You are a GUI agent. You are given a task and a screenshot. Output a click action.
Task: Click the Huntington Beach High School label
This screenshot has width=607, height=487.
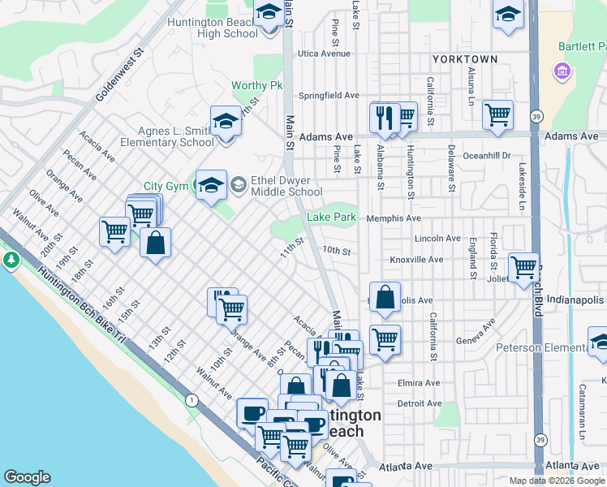point(212,28)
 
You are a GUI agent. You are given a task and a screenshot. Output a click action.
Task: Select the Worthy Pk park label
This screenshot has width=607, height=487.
point(256,85)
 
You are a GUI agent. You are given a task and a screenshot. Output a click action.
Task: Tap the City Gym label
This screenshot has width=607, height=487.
point(166,186)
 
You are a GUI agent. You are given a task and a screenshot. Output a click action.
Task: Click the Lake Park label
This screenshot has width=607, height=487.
point(331,218)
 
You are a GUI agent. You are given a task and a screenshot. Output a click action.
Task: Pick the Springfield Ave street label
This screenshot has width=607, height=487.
point(329,95)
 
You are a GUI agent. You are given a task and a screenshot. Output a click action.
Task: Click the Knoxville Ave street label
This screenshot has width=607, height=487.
point(416,260)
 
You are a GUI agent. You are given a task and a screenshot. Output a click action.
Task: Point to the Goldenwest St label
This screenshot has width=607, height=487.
point(118,73)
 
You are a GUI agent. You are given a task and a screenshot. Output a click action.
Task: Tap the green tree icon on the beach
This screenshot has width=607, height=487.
point(11,260)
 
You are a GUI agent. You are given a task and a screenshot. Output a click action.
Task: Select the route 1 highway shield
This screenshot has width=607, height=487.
point(191,401)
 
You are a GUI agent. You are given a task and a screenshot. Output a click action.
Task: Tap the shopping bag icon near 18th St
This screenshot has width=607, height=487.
point(155,242)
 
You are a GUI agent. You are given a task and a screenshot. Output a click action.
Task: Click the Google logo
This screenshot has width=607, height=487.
point(27,477)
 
